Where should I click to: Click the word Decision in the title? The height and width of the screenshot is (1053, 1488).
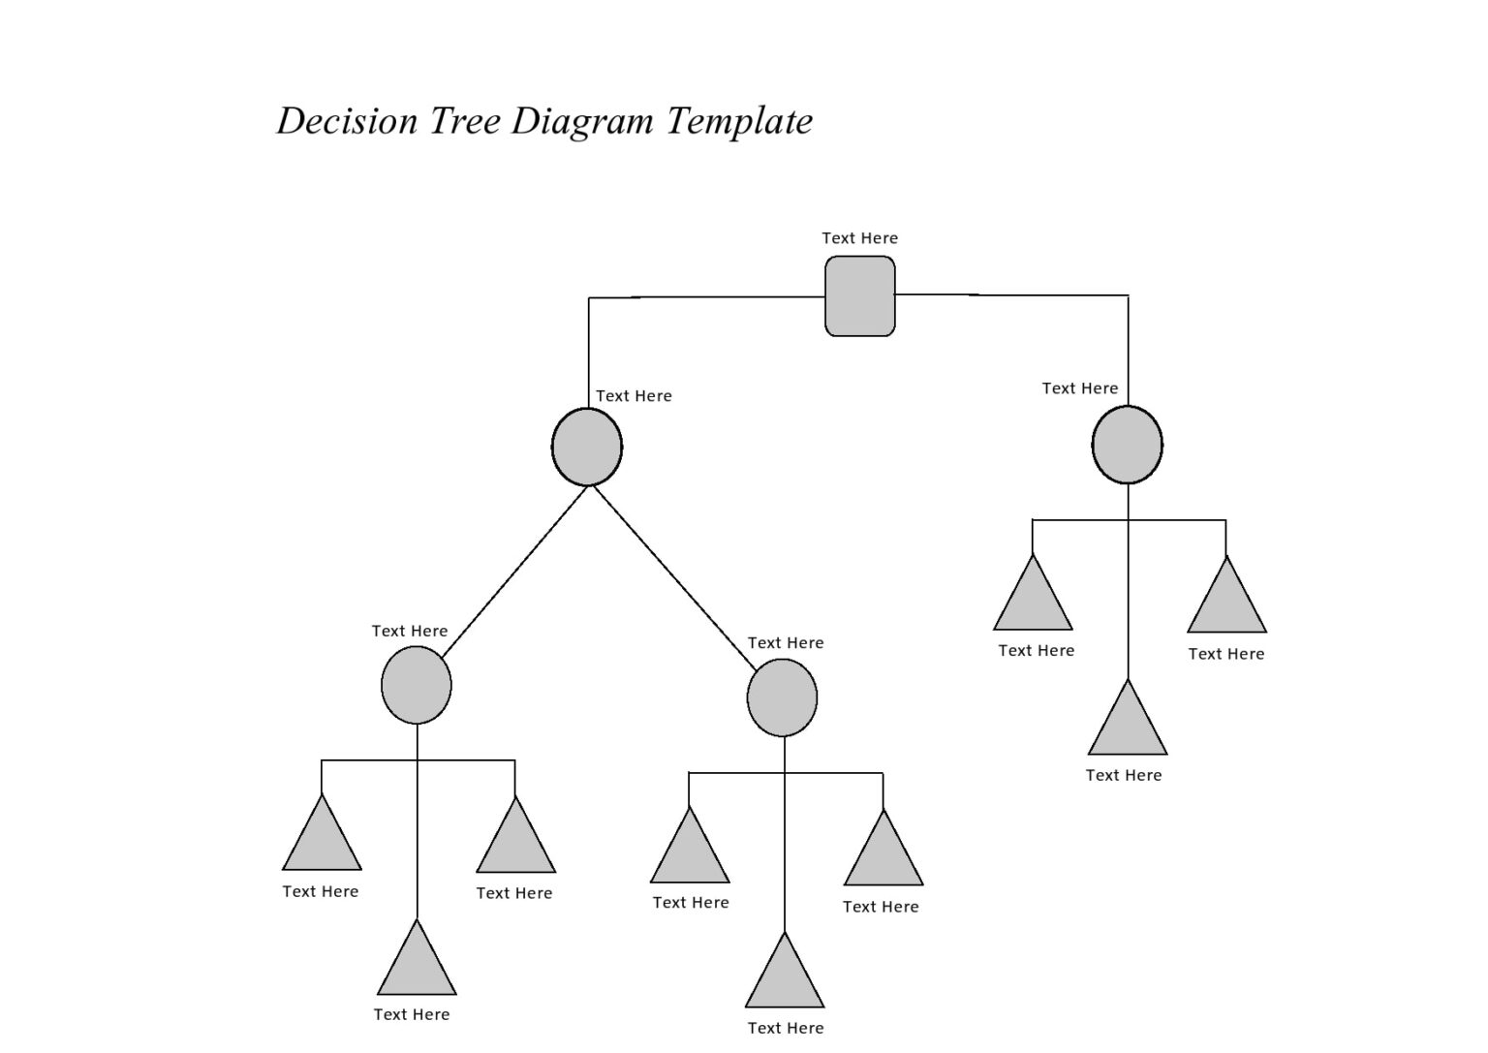coord(347,121)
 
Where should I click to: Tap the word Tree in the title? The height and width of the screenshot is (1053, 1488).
coord(464,121)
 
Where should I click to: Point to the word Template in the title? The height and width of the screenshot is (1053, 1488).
coord(739,122)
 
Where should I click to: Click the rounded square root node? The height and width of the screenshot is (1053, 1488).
coord(859,296)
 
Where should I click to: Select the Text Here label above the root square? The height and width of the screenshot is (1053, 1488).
coord(859,238)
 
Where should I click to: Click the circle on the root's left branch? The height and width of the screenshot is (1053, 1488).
coord(587,447)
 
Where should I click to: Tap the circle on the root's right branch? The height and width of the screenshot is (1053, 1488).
coord(1127,445)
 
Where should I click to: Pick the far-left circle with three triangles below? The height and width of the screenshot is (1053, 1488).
coord(417,686)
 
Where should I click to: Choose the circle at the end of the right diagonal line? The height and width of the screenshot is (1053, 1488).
coord(782,697)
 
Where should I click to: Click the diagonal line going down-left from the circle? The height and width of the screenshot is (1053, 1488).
coord(513,573)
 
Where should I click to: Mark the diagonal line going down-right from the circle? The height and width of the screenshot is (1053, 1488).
coord(674,577)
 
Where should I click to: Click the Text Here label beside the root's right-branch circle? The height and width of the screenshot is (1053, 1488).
coord(1079,388)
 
